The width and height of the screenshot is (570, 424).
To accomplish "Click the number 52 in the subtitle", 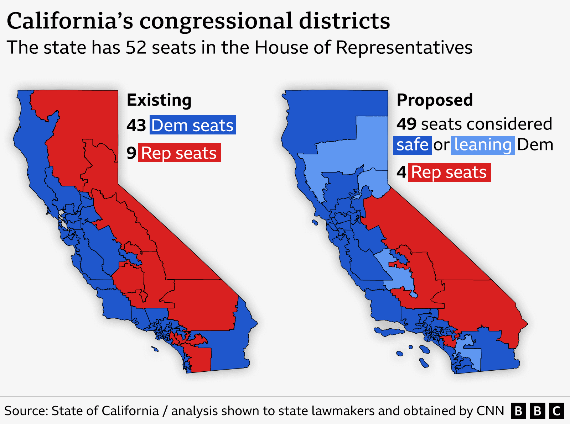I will point(136,48).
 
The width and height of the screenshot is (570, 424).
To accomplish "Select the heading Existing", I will point(159,100).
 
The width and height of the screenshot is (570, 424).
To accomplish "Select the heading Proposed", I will point(435,100).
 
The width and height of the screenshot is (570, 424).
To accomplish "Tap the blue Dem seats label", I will point(192,125).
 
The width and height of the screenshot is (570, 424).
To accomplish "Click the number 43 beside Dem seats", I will point(136,126).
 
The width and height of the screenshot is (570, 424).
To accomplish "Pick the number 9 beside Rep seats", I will point(131,153).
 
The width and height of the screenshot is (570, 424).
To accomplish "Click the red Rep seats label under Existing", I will point(179,153).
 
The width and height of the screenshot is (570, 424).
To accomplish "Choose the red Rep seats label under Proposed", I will point(449,173).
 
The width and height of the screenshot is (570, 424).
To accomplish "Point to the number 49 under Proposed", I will point(406,124).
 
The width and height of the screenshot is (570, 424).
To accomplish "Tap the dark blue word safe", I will point(412,145).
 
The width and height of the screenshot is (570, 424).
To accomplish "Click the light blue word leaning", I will point(483,145).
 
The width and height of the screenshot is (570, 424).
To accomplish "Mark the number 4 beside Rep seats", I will point(401,173).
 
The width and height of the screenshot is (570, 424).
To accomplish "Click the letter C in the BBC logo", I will point(556,411).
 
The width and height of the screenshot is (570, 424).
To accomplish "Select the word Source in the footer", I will point(26,411).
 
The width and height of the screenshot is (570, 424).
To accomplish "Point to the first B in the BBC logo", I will point(519,411).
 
